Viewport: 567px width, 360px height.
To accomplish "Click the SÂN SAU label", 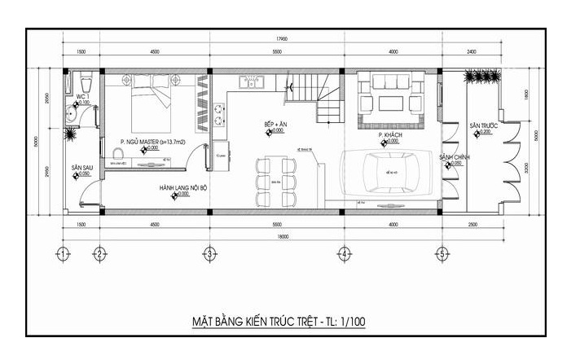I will tap(81, 166).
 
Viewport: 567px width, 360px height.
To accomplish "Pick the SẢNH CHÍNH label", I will tap(452, 156).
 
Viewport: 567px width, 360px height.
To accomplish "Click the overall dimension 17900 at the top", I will tap(282, 38).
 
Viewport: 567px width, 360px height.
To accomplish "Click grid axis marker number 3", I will tap(209, 254).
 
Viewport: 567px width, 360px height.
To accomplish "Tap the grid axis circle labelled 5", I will tap(442, 254).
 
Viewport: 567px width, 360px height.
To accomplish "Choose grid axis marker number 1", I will tap(62, 254).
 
